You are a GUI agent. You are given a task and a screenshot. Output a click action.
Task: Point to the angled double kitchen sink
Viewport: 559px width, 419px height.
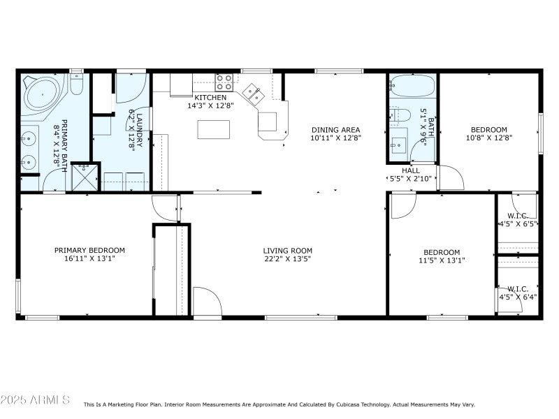(252, 93)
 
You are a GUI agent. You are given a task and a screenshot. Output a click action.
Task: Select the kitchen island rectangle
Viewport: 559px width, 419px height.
(213, 130)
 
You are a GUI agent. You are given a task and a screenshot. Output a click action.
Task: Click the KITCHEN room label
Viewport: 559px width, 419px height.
(210, 97)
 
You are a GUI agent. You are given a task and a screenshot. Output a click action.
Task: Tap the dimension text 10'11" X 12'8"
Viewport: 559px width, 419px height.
(335, 138)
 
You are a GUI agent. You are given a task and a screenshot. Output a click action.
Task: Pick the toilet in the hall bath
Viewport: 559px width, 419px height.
(399, 115)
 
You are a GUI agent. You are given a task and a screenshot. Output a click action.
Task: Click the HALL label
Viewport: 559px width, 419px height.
(411, 170)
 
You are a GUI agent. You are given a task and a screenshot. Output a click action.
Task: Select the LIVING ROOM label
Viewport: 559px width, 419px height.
(287, 251)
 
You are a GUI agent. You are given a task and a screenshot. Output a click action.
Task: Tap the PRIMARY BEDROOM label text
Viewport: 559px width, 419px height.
(89, 250)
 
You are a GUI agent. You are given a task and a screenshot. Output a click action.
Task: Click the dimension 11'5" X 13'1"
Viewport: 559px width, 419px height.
(442, 260)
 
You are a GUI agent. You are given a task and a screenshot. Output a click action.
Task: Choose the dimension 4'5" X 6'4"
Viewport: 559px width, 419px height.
(518, 297)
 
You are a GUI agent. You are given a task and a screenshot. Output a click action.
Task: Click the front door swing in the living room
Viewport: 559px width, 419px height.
(207, 302)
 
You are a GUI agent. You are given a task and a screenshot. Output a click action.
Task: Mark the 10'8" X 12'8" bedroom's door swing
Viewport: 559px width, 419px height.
(450, 177)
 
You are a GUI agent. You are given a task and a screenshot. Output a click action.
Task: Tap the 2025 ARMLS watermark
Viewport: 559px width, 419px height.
(35, 400)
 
